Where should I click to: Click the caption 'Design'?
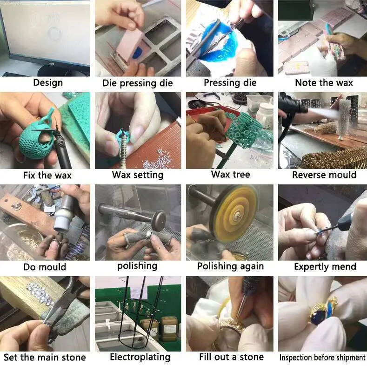pyautogui.click(x=48, y=83)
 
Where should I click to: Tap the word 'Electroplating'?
pyautogui.click(x=140, y=357)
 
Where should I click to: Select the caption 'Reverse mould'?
pyautogui.click(x=324, y=175)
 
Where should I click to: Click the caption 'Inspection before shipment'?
pyautogui.click(x=322, y=358)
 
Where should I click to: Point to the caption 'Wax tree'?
pyautogui.click(x=231, y=174)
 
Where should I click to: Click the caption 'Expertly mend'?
pyautogui.click(x=325, y=267)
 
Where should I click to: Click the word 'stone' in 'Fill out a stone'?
pyautogui.click(x=252, y=357)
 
